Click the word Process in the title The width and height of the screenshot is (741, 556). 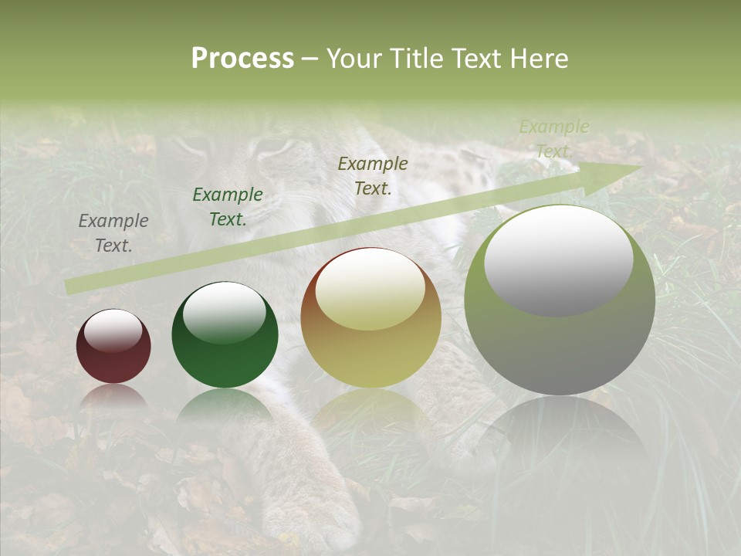tap(242, 59)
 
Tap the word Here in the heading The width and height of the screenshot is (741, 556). tap(538, 59)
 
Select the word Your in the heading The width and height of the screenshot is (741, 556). tap(354, 59)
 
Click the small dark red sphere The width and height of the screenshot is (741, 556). tap(113, 347)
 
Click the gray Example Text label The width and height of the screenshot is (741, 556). tap(113, 233)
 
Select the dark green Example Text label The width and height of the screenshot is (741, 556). tap(228, 207)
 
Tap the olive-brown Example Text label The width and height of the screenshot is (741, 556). tap(373, 175)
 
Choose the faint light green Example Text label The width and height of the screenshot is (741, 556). tap(554, 139)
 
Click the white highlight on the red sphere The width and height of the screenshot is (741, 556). tap(113, 330)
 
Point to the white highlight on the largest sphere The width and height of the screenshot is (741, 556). tap(559, 260)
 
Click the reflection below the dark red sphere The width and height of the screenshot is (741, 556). tap(113, 397)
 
